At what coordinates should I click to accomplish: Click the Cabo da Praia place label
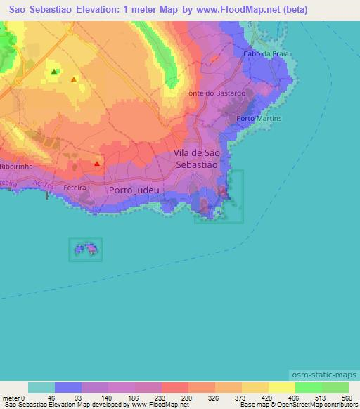[x=262, y=53]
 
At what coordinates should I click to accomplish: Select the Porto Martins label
[x=259, y=119]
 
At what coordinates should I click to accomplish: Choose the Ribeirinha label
[x=18, y=167]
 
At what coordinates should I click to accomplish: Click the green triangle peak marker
[x=54, y=71]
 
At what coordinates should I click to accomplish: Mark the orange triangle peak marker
[x=74, y=79]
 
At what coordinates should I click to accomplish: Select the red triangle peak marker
[x=96, y=164]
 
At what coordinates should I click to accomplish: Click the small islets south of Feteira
[x=85, y=249]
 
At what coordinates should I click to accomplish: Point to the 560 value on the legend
[x=345, y=398]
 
